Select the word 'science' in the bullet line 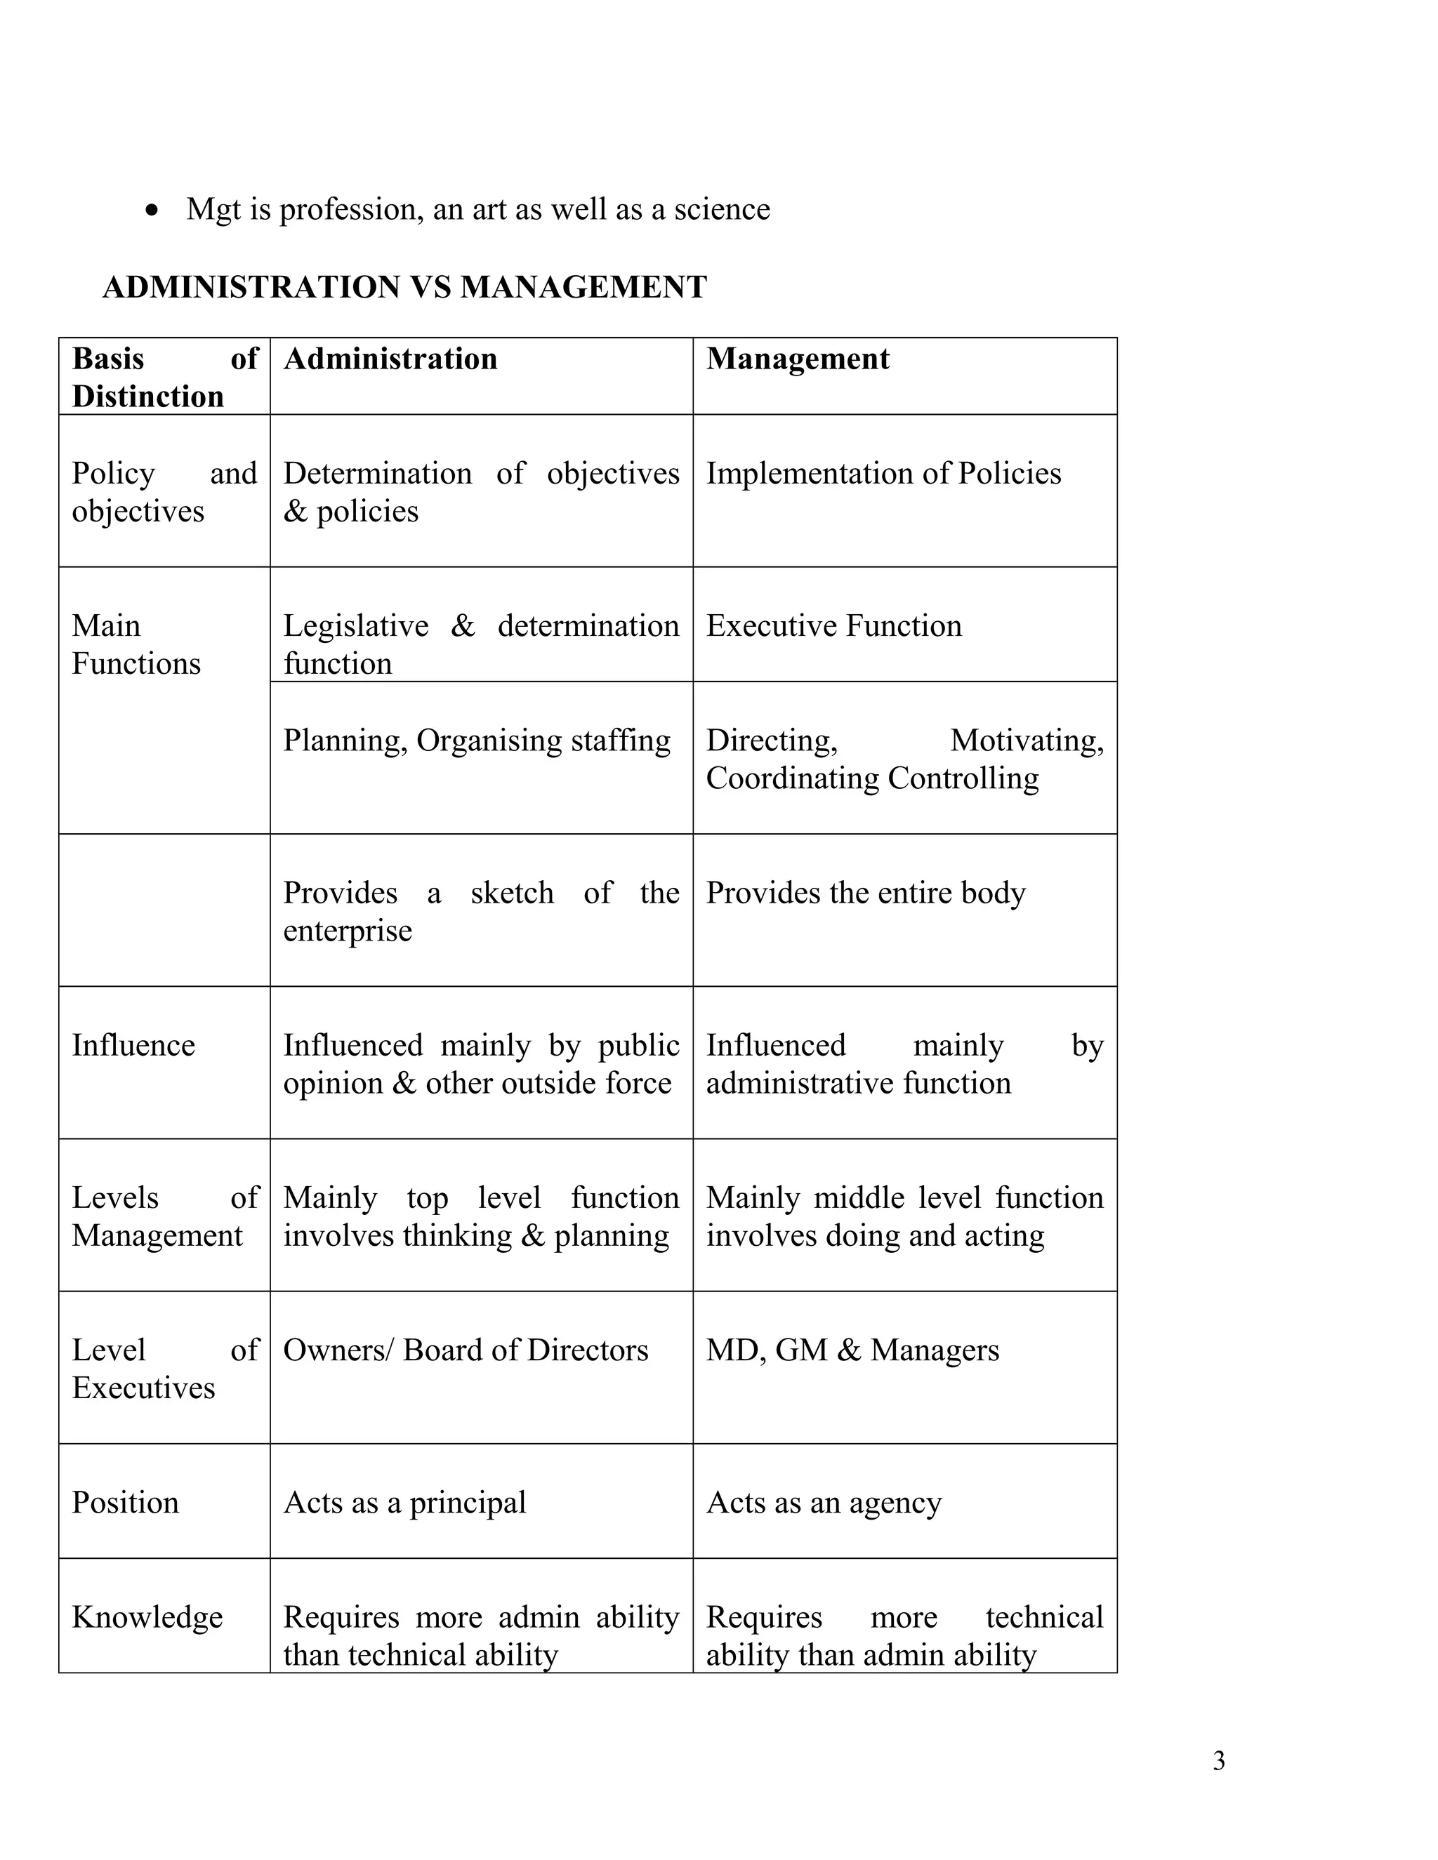click(722, 209)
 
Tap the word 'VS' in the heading click(430, 287)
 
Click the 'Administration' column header click(390, 359)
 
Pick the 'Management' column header click(798, 359)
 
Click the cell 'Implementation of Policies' click(883, 474)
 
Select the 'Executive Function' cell click(833, 626)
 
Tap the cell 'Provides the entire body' click(866, 893)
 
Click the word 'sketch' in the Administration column click(512, 893)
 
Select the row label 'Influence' click(133, 1045)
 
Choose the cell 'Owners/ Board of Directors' click(465, 1350)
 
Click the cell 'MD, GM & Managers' click(852, 1350)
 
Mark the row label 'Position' click(125, 1502)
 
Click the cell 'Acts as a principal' click(404, 1502)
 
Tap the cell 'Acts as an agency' click(824, 1502)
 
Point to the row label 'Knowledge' click(147, 1616)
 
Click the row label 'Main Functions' click(136, 645)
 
